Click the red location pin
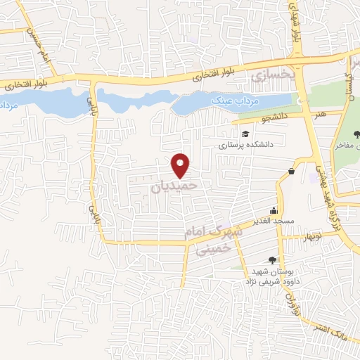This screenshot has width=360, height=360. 181,165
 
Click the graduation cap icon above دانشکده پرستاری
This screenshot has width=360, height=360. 245,134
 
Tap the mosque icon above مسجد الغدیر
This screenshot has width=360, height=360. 274,211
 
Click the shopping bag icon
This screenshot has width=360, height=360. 292,172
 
